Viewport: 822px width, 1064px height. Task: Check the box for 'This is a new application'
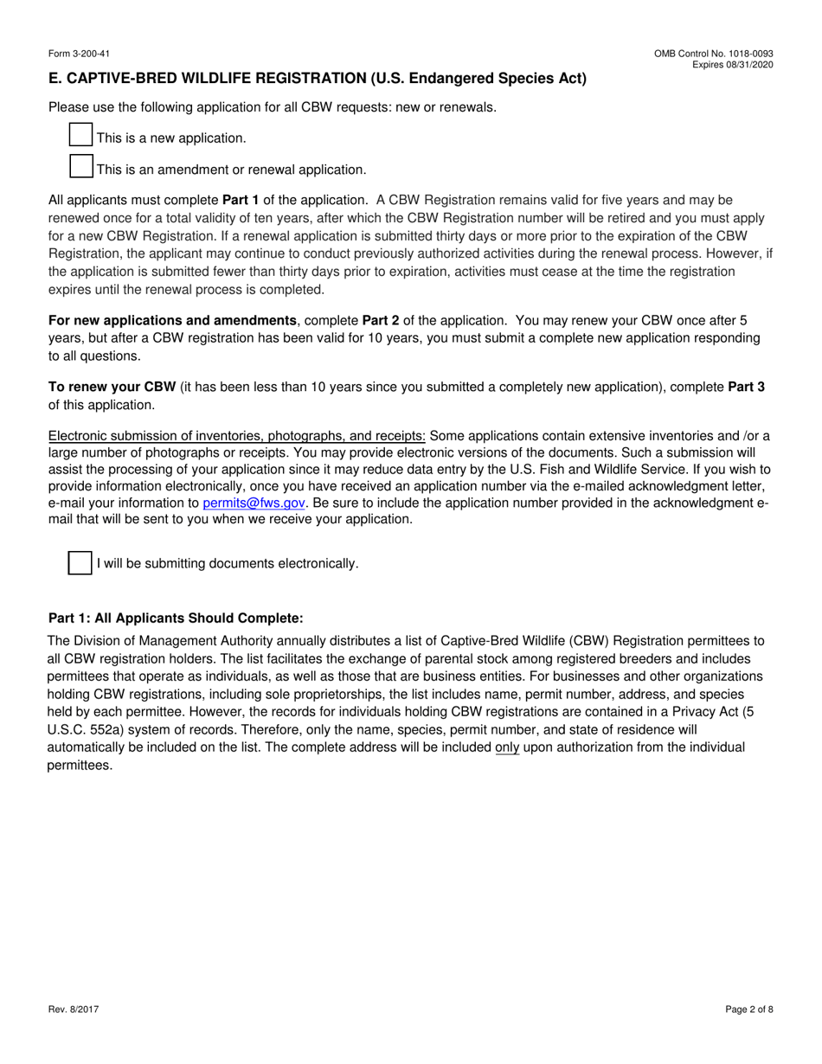tap(80, 135)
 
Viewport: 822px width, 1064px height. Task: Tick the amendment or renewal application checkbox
tap(80, 167)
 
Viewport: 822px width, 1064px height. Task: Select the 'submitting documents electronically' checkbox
tap(80, 562)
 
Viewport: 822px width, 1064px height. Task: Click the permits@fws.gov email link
tap(254, 503)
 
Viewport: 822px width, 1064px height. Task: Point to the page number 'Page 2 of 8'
tap(748, 1009)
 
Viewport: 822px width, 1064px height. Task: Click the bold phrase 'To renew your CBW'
tap(112, 387)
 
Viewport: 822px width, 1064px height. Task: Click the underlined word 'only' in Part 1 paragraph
tap(507, 747)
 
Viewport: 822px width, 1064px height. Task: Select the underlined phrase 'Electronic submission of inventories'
tap(236, 435)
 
